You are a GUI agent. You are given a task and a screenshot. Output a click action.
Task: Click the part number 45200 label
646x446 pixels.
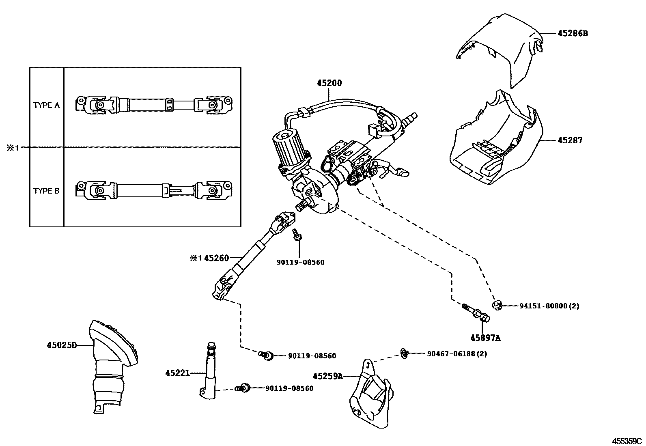click(329, 83)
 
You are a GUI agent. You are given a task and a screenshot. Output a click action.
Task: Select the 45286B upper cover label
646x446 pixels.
click(572, 33)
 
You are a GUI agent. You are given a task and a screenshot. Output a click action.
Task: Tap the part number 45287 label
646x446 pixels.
click(570, 140)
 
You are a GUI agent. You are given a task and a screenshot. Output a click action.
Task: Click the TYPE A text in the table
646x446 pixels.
click(46, 106)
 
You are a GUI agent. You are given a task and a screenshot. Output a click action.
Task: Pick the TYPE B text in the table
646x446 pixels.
click(46, 191)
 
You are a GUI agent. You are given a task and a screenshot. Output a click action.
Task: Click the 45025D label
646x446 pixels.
click(61, 345)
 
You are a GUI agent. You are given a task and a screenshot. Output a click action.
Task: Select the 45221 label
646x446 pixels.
click(177, 373)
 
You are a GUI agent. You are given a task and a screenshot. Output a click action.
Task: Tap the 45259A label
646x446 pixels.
click(328, 376)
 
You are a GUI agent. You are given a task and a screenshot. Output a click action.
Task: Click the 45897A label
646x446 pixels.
click(485, 337)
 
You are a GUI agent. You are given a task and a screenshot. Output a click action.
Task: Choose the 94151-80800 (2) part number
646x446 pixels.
click(549, 306)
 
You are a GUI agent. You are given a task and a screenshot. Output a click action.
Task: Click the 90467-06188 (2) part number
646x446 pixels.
click(457, 354)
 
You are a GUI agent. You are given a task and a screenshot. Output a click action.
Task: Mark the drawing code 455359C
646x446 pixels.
click(627, 441)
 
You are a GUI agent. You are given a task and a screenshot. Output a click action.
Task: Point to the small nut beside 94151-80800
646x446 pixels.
click(497, 305)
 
